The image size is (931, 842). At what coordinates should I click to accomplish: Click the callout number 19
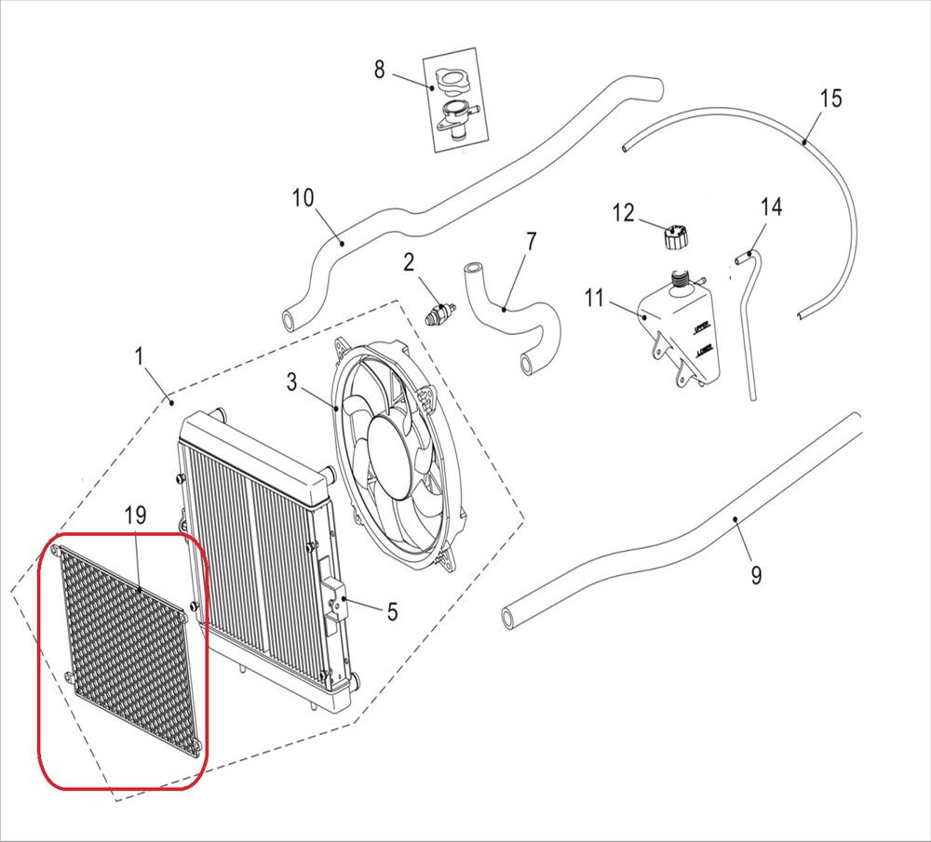tap(136, 515)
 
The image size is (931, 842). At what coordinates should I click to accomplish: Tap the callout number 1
tap(139, 355)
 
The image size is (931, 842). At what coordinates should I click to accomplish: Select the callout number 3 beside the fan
tap(291, 381)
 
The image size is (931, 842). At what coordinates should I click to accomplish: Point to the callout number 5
tap(392, 611)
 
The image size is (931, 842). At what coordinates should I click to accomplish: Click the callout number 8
tap(379, 69)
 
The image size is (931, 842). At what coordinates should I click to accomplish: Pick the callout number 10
tap(303, 198)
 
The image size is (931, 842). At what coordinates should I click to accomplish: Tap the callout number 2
tap(409, 263)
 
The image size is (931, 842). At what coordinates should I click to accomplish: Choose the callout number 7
tap(531, 242)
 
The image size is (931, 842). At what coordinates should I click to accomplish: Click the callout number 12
tap(623, 214)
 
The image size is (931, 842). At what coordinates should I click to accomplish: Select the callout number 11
tap(596, 299)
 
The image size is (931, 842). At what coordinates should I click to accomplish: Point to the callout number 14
tap(771, 207)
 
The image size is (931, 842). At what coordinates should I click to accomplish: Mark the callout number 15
tap(830, 98)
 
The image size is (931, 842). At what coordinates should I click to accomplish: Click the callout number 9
tap(755, 576)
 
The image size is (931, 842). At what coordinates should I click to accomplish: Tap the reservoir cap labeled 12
tap(675, 237)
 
